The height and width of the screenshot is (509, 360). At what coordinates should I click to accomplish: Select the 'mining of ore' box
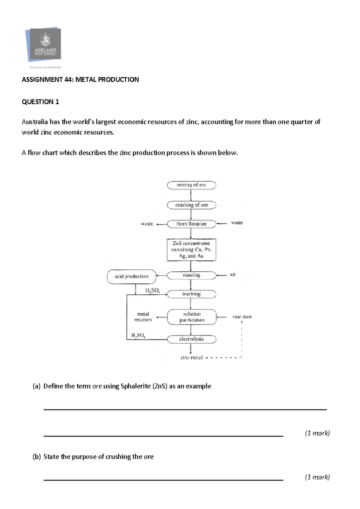(x=191, y=185)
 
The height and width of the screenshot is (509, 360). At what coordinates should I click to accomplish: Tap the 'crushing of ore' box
(x=191, y=205)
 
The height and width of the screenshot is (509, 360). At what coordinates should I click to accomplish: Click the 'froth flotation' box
(x=191, y=224)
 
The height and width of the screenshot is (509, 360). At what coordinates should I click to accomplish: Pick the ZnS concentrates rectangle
(x=191, y=250)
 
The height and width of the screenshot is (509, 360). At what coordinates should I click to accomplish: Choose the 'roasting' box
(x=191, y=275)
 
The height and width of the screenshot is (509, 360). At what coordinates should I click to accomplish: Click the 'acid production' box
(x=131, y=276)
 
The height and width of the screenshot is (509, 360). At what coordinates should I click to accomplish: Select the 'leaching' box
(x=191, y=294)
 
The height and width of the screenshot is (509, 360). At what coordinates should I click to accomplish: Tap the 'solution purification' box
(x=191, y=317)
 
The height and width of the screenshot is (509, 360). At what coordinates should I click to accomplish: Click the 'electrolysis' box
(x=191, y=339)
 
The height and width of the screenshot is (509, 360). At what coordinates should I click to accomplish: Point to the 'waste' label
(x=147, y=224)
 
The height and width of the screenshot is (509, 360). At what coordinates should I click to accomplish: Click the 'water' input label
(x=237, y=223)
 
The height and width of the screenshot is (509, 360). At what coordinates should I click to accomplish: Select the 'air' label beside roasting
(x=233, y=274)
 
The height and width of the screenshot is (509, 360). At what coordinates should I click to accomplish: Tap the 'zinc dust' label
(x=242, y=317)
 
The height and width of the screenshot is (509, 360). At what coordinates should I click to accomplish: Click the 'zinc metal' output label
(x=191, y=358)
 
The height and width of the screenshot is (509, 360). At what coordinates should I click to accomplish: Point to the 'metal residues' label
(x=143, y=317)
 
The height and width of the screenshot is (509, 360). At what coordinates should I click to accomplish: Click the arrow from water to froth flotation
(x=222, y=223)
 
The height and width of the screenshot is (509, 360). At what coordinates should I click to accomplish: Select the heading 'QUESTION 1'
(x=40, y=102)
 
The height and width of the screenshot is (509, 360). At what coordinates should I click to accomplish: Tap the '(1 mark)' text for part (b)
(x=317, y=477)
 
